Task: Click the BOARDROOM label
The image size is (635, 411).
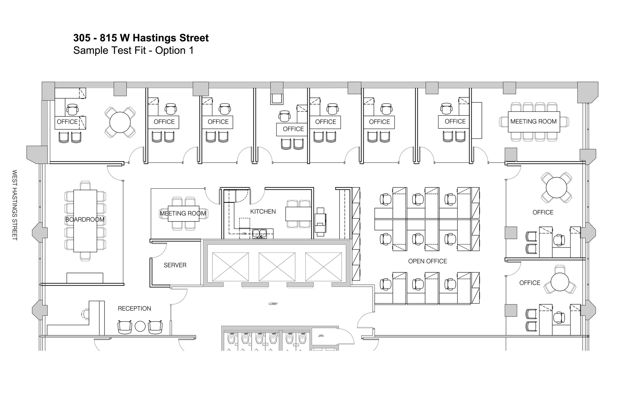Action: (x=85, y=220)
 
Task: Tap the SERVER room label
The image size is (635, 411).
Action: (x=175, y=265)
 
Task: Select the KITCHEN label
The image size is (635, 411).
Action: (x=263, y=212)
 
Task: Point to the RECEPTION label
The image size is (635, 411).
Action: (x=135, y=309)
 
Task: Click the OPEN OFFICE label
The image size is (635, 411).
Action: (x=428, y=261)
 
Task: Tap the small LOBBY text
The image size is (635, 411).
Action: (x=273, y=304)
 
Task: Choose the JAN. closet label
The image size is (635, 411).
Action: (x=321, y=336)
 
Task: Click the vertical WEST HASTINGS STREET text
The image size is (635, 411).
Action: (x=14, y=205)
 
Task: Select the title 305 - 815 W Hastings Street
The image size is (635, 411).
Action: (x=141, y=38)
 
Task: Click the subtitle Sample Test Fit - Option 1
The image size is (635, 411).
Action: (x=133, y=50)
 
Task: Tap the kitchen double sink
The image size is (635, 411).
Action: (x=259, y=233)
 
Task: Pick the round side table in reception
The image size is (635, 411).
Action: (x=140, y=326)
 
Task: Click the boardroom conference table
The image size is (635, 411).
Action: (x=85, y=221)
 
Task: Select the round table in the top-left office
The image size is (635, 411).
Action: (x=120, y=122)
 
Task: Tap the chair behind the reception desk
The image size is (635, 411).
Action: (x=86, y=314)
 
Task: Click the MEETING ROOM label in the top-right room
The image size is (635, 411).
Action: (x=534, y=122)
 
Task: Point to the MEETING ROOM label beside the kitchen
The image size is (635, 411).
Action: (x=183, y=213)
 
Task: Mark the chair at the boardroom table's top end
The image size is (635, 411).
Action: (x=85, y=185)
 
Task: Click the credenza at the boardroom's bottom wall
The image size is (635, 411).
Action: (x=85, y=278)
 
